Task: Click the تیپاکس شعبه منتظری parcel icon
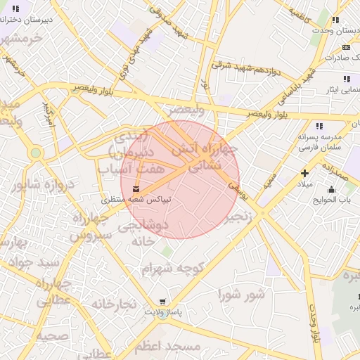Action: coord(136,188)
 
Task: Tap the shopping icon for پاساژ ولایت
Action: coord(163,301)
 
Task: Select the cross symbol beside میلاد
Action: coord(304,173)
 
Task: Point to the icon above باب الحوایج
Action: coord(332,188)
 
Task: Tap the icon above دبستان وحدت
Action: coord(335,20)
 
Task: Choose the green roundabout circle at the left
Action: coord(36,153)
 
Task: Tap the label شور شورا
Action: coord(241,293)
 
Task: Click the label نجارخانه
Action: coord(112,304)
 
